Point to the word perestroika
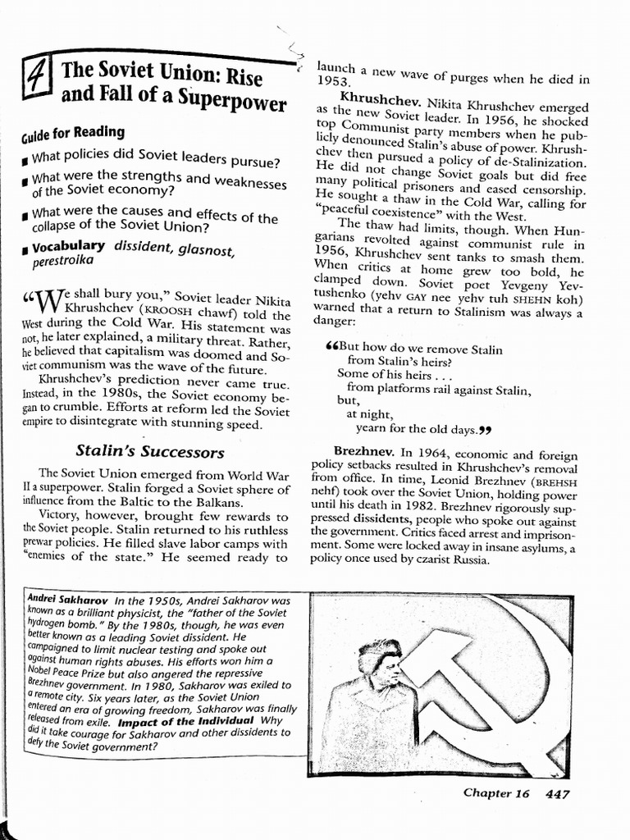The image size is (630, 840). pyautogui.click(x=63, y=261)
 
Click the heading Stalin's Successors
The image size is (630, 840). pyautogui.click(x=149, y=451)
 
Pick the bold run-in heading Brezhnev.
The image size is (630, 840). pyautogui.click(x=363, y=452)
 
